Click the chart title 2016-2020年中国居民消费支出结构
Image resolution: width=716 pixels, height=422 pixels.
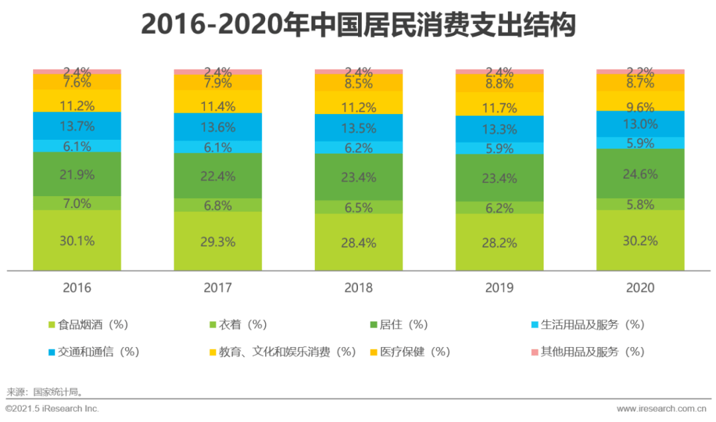tap(358, 26)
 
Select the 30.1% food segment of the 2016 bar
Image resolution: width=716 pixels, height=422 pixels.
tap(78, 240)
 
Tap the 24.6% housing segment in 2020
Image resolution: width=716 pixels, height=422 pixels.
tap(640, 174)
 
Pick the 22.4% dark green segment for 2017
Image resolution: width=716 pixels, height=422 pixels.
tap(217, 176)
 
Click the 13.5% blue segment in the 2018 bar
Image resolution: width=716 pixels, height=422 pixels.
tap(359, 128)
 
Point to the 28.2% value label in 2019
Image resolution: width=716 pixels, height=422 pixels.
tap(499, 243)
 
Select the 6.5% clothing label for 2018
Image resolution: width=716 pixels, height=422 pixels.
tap(359, 207)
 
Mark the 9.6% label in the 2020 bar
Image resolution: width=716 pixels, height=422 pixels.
tap(640, 107)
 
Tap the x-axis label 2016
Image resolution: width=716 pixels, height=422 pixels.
tap(78, 288)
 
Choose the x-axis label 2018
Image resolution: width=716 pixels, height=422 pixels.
tap(359, 288)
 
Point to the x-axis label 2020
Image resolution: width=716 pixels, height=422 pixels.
tap(640, 288)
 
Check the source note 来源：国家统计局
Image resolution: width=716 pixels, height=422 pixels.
tap(45, 392)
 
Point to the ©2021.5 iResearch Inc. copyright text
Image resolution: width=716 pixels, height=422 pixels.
tap(52, 409)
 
